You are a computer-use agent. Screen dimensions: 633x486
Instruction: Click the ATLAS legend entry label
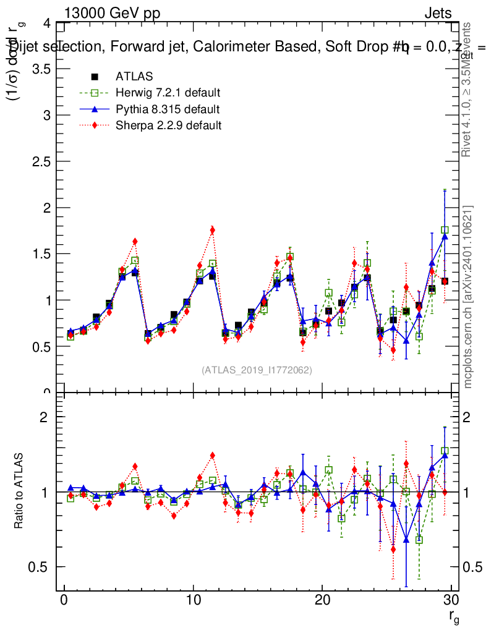134,77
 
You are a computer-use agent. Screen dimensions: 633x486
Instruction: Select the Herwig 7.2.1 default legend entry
168,93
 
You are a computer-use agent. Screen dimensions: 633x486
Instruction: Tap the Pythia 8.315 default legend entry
167,109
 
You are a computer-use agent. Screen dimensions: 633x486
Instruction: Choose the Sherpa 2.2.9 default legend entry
168,125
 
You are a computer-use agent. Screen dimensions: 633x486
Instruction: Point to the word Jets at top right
438,14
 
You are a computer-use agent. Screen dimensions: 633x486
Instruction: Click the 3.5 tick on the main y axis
41,69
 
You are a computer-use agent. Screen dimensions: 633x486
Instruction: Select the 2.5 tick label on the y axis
41,161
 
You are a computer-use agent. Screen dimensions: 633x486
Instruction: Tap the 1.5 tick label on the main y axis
41,254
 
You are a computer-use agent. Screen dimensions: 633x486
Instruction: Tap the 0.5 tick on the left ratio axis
41,567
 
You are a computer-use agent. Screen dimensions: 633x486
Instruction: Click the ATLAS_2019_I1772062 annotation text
257,370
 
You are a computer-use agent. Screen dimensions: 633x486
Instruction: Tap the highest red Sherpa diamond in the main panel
212,230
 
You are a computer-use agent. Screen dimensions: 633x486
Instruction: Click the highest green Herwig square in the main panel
445,230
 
